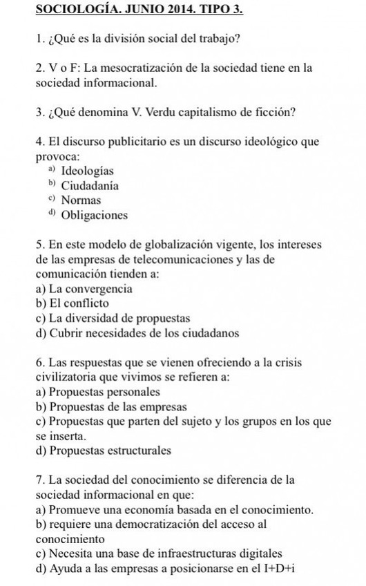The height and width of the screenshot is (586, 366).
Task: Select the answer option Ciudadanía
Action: tap(90, 185)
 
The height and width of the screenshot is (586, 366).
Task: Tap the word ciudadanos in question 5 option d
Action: tap(211, 333)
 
